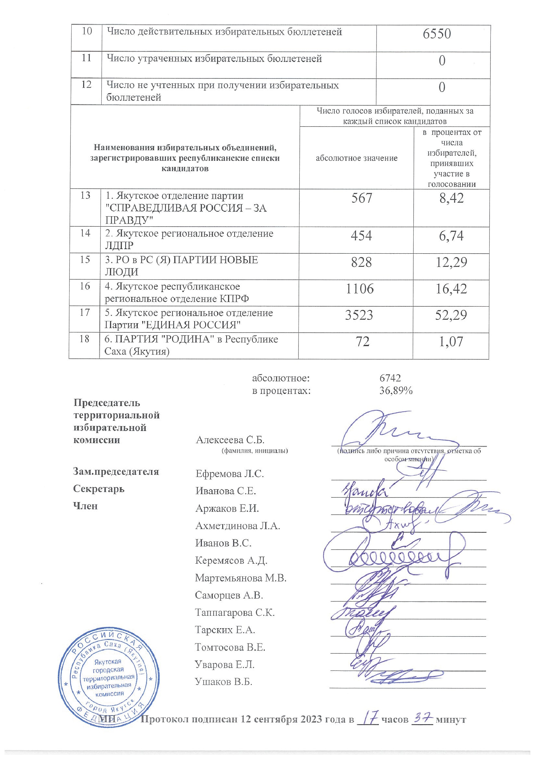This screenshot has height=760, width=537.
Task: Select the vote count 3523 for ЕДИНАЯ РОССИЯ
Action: click(359, 315)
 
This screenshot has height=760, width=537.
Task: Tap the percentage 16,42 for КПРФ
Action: click(451, 289)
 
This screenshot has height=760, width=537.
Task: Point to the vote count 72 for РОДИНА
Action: click(362, 341)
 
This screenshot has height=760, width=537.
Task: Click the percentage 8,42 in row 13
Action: click(452, 198)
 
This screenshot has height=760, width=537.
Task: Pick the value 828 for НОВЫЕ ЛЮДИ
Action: click(361, 262)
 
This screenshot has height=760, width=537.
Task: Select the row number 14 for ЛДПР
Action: click(85, 233)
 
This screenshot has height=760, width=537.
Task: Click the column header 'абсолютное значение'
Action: click(356, 158)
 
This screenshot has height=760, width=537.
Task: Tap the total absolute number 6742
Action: click(390, 378)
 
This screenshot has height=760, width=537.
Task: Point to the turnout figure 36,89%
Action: click(396, 391)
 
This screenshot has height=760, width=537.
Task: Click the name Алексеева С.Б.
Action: click(230, 440)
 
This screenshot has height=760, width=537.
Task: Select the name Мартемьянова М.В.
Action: click(241, 578)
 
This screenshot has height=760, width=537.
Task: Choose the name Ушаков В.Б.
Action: click(224, 682)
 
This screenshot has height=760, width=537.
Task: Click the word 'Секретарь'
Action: click(99, 489)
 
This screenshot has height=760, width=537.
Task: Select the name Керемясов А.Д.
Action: click(231, 560)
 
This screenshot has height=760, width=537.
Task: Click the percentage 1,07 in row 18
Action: click(451, 341)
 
